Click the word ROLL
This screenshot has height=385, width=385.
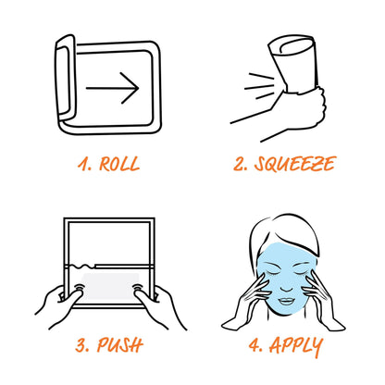click(x=119, y=164)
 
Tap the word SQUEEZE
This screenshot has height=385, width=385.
click(x=295, y=164)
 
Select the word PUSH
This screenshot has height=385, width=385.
click(x=120, y=345)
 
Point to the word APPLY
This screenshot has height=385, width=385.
click(x=296, y=345)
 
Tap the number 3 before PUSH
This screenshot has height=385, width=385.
click(x=82, y=345)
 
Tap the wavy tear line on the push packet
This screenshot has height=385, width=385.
click(x=81, y=265)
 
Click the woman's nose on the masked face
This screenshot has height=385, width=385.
click(x=286, y=285)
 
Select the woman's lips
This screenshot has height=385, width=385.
click(x=287, y=301)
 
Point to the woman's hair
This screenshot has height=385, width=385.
click(x=285, y=234)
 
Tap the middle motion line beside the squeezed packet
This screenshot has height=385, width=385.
click(x=259, y=87)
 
